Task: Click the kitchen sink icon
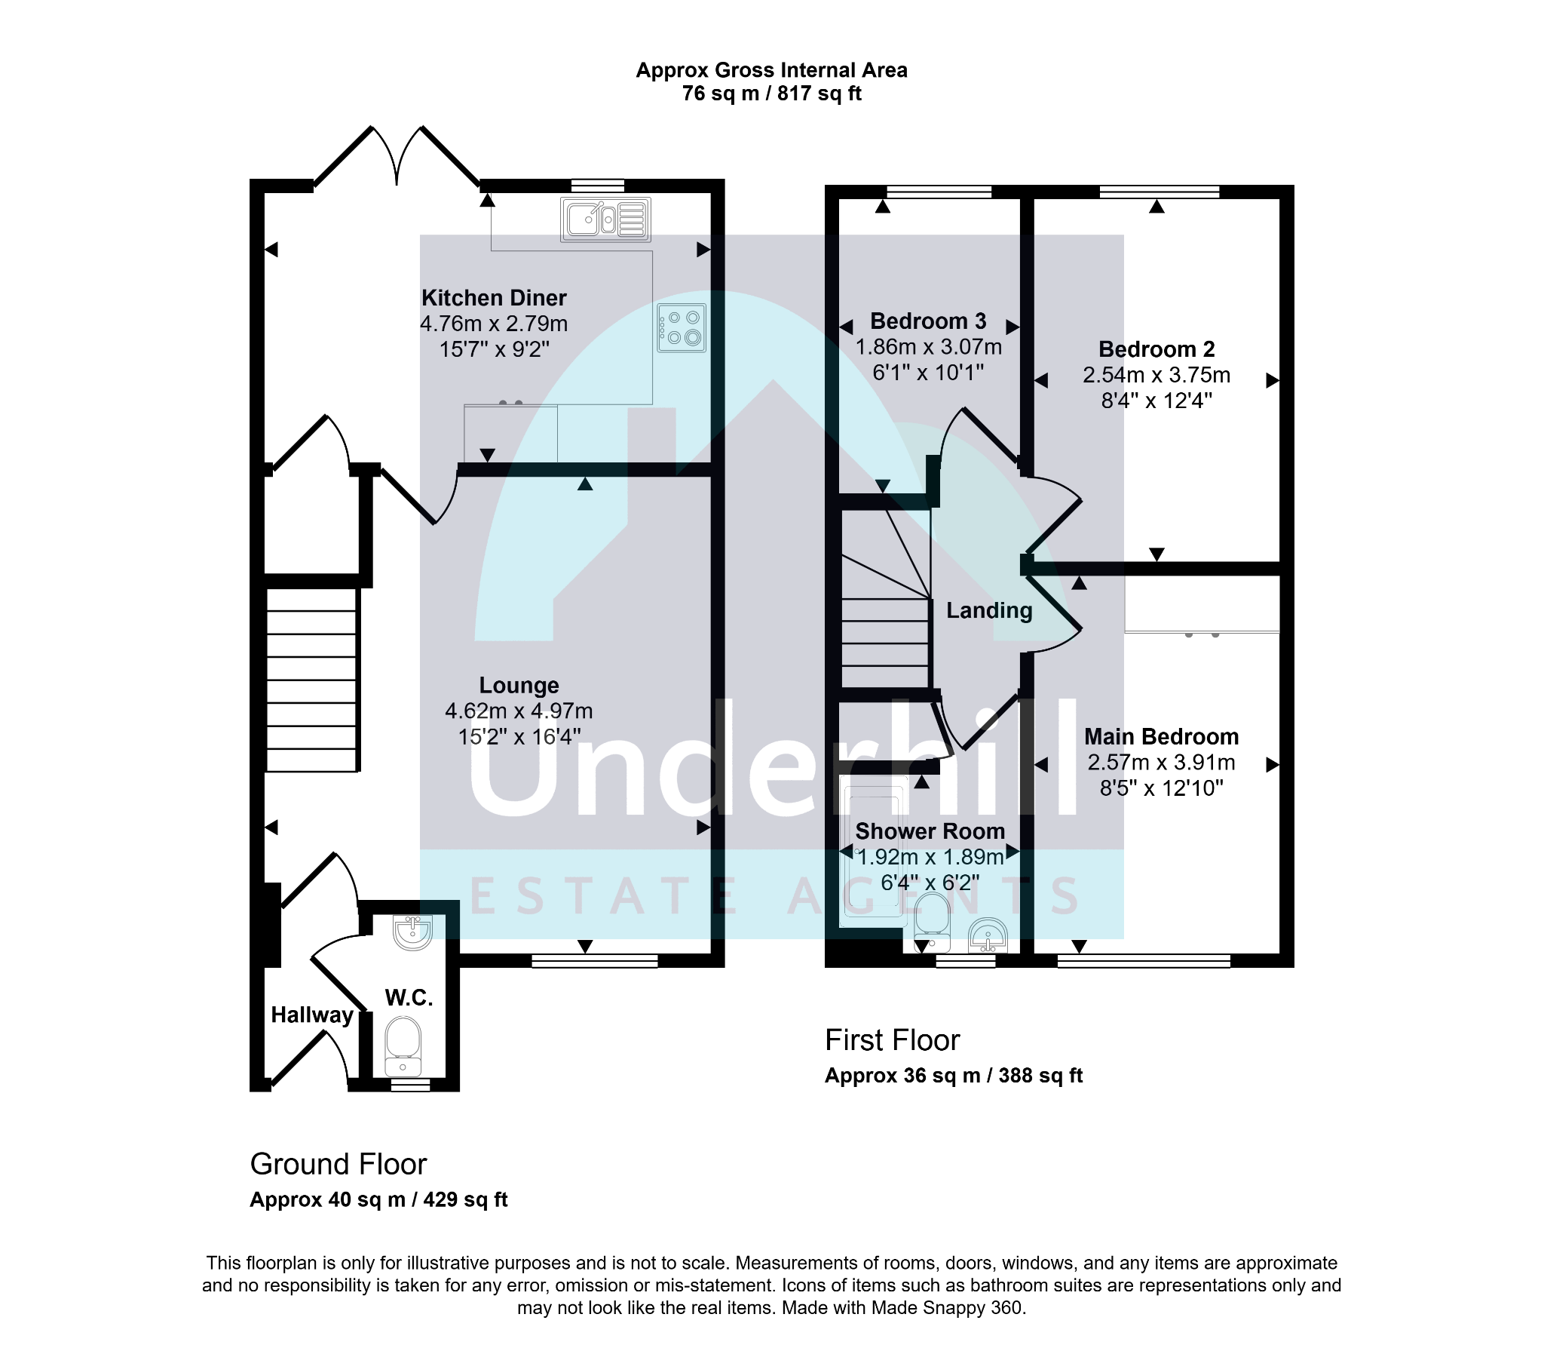point(605,220)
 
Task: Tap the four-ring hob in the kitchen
point(682,328)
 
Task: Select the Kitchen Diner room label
point(494,298)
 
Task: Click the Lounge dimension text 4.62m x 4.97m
point(519,711)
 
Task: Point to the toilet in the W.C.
point(403,1046)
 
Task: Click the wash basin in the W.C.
point(412,932)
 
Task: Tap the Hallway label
point(312,1015)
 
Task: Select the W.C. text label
point(409,998)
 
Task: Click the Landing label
point(989,610)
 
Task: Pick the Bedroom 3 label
point(928,321)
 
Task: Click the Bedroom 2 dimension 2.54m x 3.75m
point(1156,375)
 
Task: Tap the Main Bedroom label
point(1161,736)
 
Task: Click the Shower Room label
point(930,831)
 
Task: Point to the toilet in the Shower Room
point(932,922)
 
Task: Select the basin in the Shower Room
point(988,935)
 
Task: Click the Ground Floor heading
point(339,1164)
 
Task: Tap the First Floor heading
point(892,1040)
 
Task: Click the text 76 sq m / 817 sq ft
point(772,94)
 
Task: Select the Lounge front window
point(595,960)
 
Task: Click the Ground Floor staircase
point(311,680)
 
